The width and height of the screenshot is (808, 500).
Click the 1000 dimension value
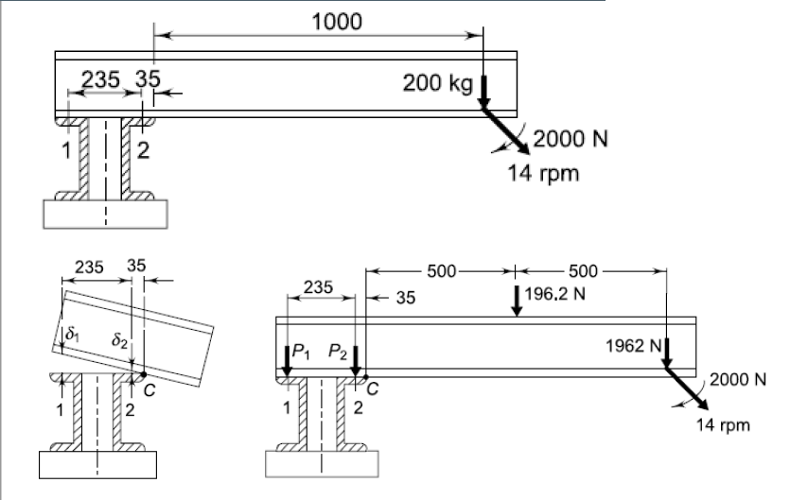click(x=337, y=22)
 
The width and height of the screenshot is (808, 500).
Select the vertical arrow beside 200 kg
click(x=483, y=93)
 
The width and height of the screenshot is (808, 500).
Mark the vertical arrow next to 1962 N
click(x=666, y=352)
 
